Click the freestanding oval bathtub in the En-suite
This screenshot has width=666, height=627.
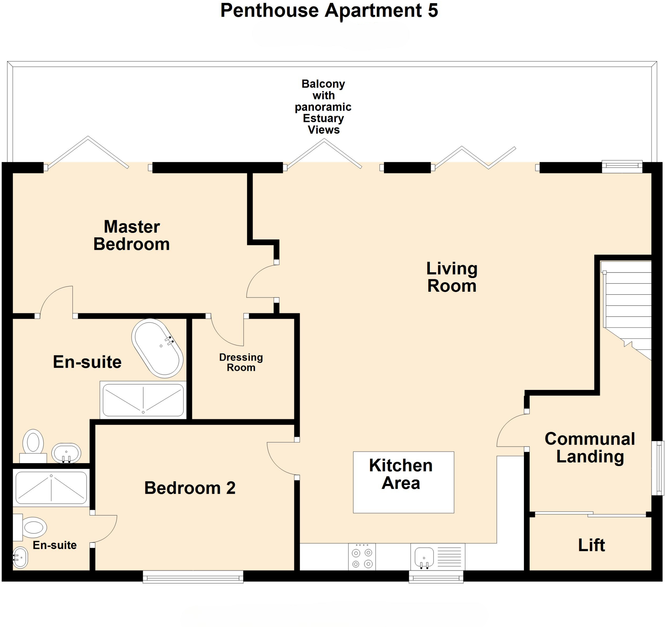[x=157, y=348]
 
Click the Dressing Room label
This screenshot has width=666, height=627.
[x=241, y=362]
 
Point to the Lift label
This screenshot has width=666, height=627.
[x=591, y=545]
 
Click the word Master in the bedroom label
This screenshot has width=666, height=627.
[x=132, y=227]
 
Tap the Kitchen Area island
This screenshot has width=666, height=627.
[x=403, y=482]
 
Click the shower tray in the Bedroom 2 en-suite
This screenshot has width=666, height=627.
[x=51, y=488]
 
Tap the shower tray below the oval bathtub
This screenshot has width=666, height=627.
[x=143, y=400]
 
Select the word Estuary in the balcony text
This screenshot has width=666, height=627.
[x=323, y=118]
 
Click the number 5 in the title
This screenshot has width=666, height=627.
[x=433, y=10]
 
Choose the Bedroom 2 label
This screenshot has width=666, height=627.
[x=190, y=488]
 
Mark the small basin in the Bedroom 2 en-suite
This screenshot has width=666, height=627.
[x=20, y=558]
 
